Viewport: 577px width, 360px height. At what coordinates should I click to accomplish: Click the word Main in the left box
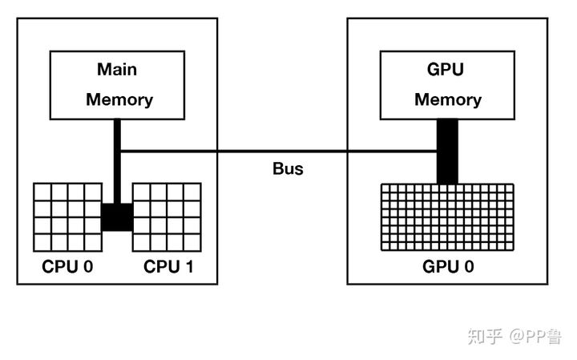(x=117, y=69)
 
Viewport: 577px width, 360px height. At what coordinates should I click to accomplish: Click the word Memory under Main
(x=119, y=100)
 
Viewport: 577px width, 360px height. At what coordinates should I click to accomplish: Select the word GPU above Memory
(x=446, y=69)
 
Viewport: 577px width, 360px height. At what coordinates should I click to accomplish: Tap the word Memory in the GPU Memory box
(x=448, y=100)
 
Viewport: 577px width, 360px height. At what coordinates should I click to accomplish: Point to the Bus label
(x=288, y=169)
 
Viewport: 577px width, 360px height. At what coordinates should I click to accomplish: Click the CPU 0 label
(x=67, y=266)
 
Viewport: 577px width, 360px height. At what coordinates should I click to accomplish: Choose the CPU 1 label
(x=168, y=266)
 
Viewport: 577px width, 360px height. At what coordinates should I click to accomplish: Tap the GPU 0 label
(x=448, y=266)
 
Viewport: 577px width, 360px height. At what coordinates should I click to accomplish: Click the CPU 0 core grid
(x=67, y=217)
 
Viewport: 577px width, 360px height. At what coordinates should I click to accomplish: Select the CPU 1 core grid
(x=167, y=217)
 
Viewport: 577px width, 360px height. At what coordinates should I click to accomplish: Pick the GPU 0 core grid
(x=447, y=217)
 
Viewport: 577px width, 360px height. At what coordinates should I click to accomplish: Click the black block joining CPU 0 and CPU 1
(x=117, y=217)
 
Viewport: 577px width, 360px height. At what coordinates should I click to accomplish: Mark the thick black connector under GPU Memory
(x=447, y=152)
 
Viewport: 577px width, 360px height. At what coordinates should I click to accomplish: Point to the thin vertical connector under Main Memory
(x=117, y=161)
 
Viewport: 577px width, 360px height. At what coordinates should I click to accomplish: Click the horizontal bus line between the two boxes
(x=279, y=151)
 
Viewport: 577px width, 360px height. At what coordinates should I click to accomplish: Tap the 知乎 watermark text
(x=486, y=337)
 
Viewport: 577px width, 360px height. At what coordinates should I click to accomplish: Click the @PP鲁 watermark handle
(x=535, y=337)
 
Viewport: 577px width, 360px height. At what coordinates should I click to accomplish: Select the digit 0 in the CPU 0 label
(x=88, y=266)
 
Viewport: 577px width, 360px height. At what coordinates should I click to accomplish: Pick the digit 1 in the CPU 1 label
(x=189, y=266)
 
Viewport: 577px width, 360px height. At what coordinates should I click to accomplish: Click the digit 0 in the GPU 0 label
(x=469, y=266)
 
